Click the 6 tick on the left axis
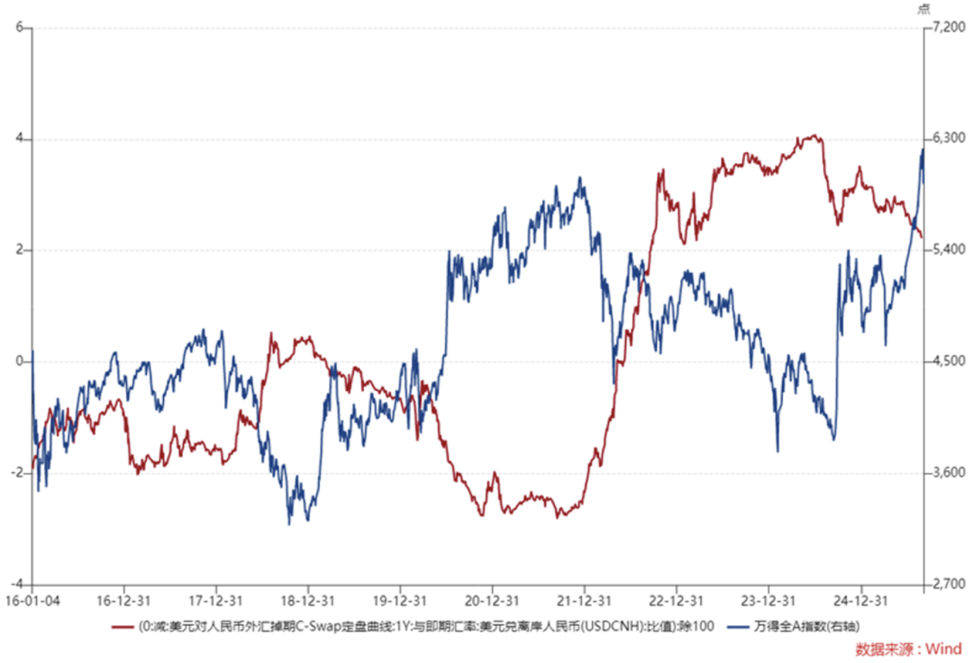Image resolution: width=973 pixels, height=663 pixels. click(x=19, y=28)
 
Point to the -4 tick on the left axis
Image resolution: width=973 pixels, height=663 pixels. click(x=16, y=584)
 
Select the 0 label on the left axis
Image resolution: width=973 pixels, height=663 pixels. click(x=19, y=361)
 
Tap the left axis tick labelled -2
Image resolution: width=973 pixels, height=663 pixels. click(x=16, y=473)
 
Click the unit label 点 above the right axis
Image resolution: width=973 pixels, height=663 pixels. click(x=924, y=8)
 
